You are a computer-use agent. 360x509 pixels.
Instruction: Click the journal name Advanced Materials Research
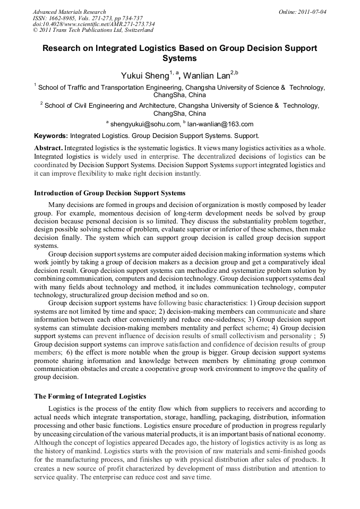69,12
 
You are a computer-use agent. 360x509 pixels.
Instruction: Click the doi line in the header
93,24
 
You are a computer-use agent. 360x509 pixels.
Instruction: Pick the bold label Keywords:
51,136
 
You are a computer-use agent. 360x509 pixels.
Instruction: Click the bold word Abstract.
48,147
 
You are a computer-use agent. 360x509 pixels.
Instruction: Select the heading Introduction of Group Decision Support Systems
110,193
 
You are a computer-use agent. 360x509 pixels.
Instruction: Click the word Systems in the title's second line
179,58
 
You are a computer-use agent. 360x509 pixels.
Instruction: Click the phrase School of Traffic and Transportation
93,87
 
